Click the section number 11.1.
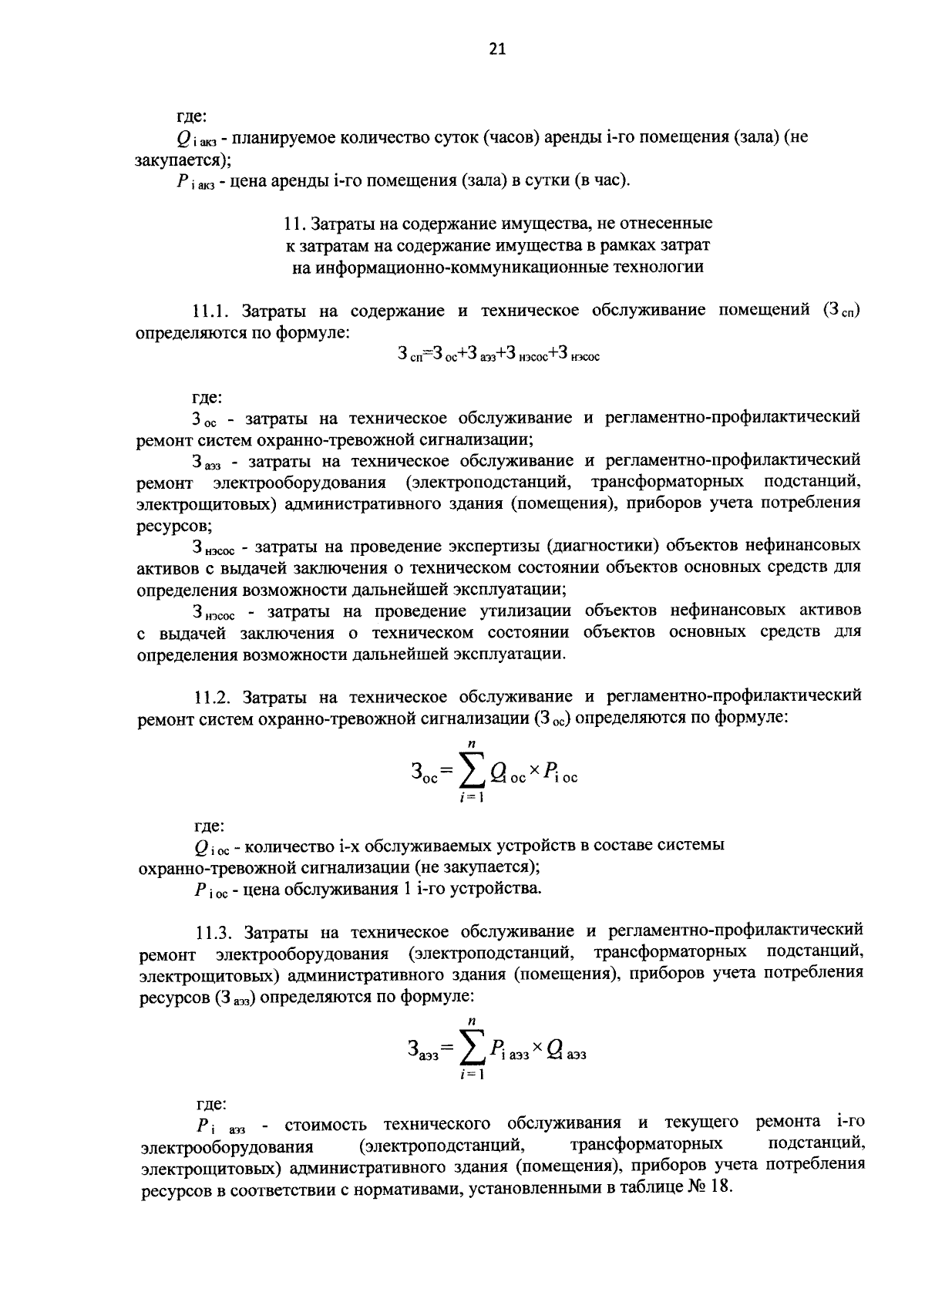[x=212, y=312]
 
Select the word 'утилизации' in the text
[x=525, y=611]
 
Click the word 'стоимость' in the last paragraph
[x=327, y=1122]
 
